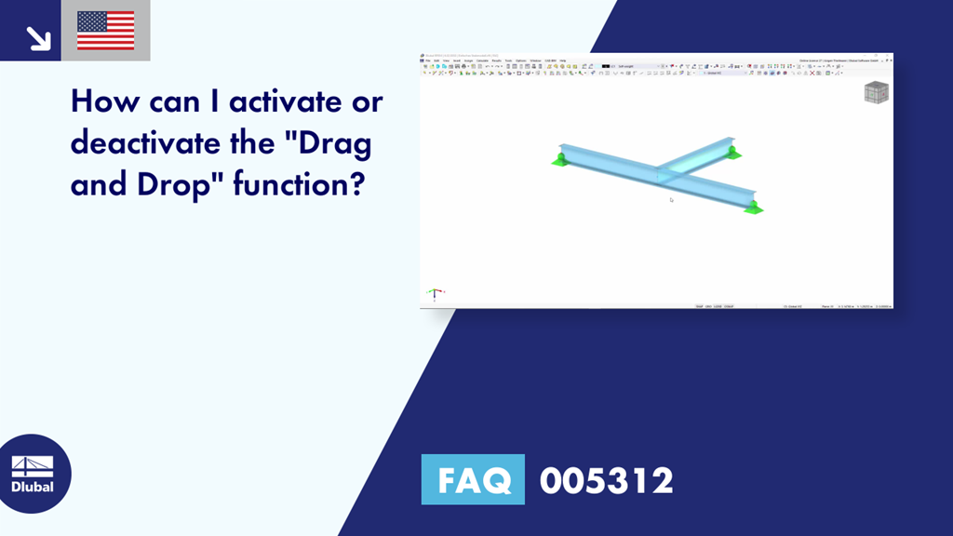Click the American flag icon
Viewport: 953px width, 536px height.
click(105, 31)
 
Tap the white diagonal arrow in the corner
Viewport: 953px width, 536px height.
click(37, 37)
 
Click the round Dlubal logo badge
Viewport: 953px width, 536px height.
click(33, 474)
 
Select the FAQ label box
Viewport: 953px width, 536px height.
click(473, 480)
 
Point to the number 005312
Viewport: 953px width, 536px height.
click(607, 480)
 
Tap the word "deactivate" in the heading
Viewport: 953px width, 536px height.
click(135, 143)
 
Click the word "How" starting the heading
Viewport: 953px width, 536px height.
click(101, 101)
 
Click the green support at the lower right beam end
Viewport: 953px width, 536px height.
click(752, 207)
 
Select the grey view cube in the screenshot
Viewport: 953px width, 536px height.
click(876, 93)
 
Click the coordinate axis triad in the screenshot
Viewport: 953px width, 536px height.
click(434, 294)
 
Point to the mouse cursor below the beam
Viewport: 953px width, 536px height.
click(671, 198)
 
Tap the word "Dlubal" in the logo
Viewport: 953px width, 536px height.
click(33, 487)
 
